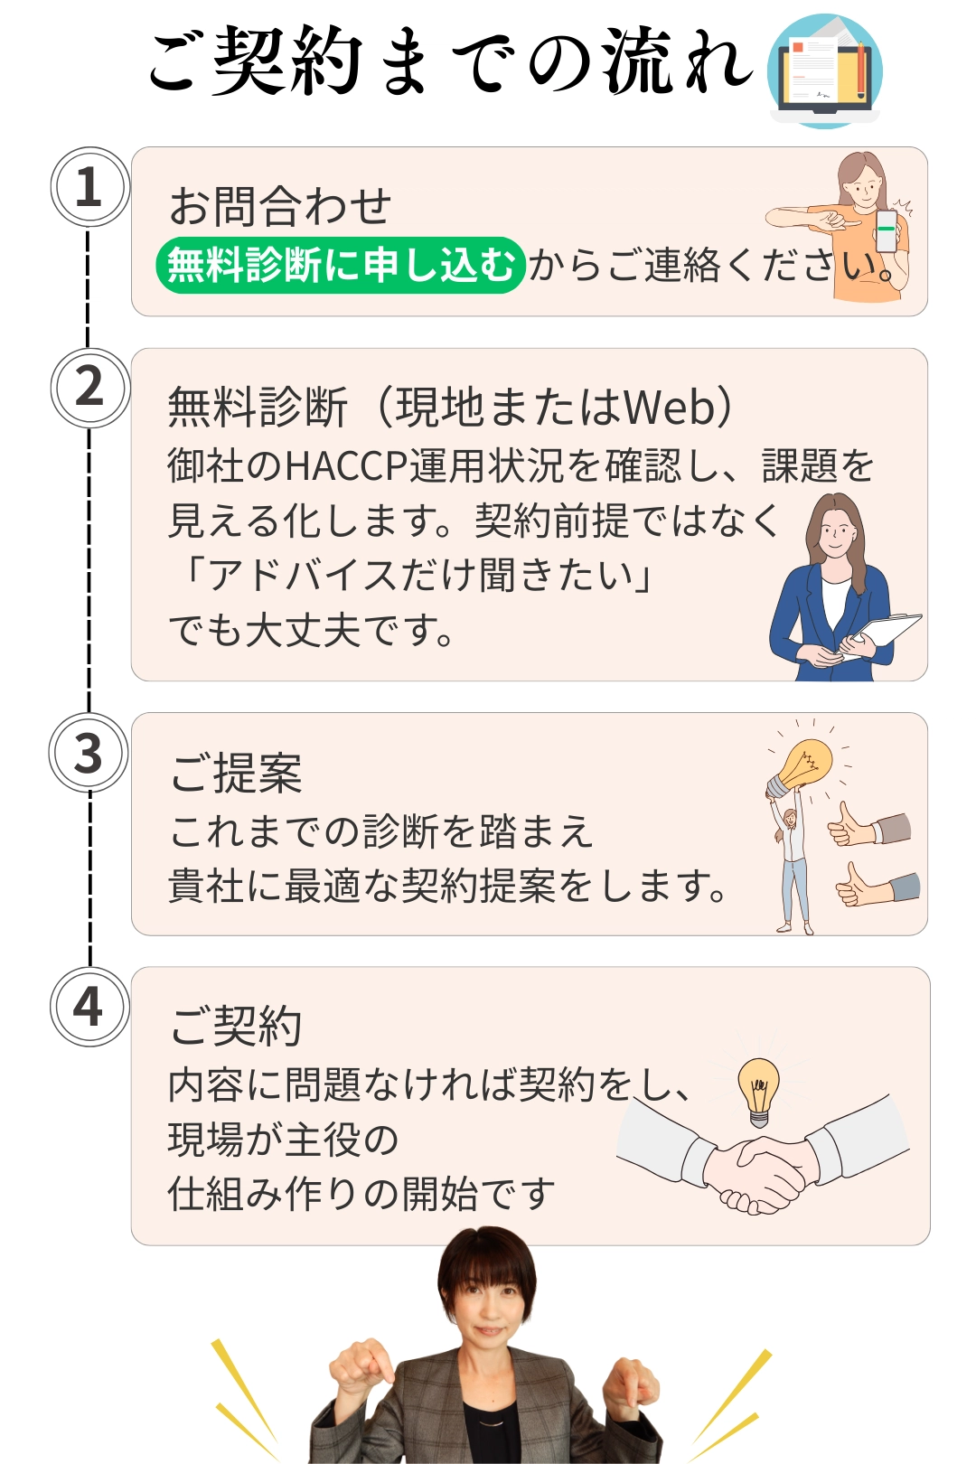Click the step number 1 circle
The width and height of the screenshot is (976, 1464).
[x=89, y=187]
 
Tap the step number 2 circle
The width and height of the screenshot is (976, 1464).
[x=89, y=388]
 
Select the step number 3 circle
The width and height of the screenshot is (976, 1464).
[x=88, y=753]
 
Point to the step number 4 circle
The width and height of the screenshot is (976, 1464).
[x=88, y=1007]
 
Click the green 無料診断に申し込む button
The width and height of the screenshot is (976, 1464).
[x=340, y=266]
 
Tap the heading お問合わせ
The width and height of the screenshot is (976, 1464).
[x=280, y=207]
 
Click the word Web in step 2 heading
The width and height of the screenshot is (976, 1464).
[x=670, y=408]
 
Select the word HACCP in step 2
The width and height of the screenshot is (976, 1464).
[x=347, y=465]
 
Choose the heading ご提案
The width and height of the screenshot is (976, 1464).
[x=236, y=774]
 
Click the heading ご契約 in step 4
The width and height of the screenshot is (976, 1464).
[x=236, y=1027]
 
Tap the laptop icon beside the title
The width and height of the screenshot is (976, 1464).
[x=824, y=72]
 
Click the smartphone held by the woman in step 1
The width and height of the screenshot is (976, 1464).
[x=887, y=230]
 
